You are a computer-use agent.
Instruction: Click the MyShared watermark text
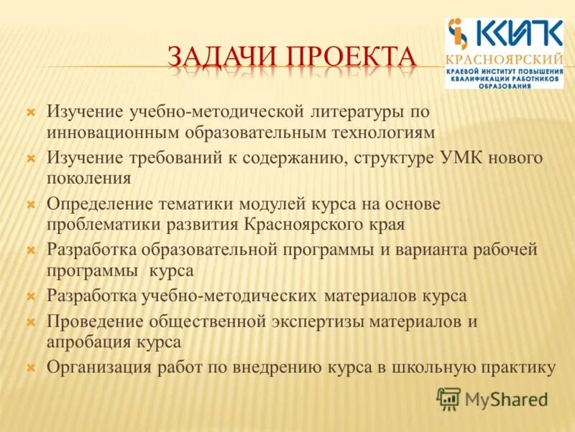click(x=507, y=398)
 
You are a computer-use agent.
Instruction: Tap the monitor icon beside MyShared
click(x=449, y=398)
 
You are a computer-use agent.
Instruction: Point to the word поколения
click(x=89, y=178)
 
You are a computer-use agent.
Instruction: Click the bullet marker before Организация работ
click(x=30, y=367)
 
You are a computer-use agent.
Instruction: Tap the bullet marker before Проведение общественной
click(x=30, y=321)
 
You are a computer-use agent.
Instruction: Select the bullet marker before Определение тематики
click(x=30, y=204)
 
